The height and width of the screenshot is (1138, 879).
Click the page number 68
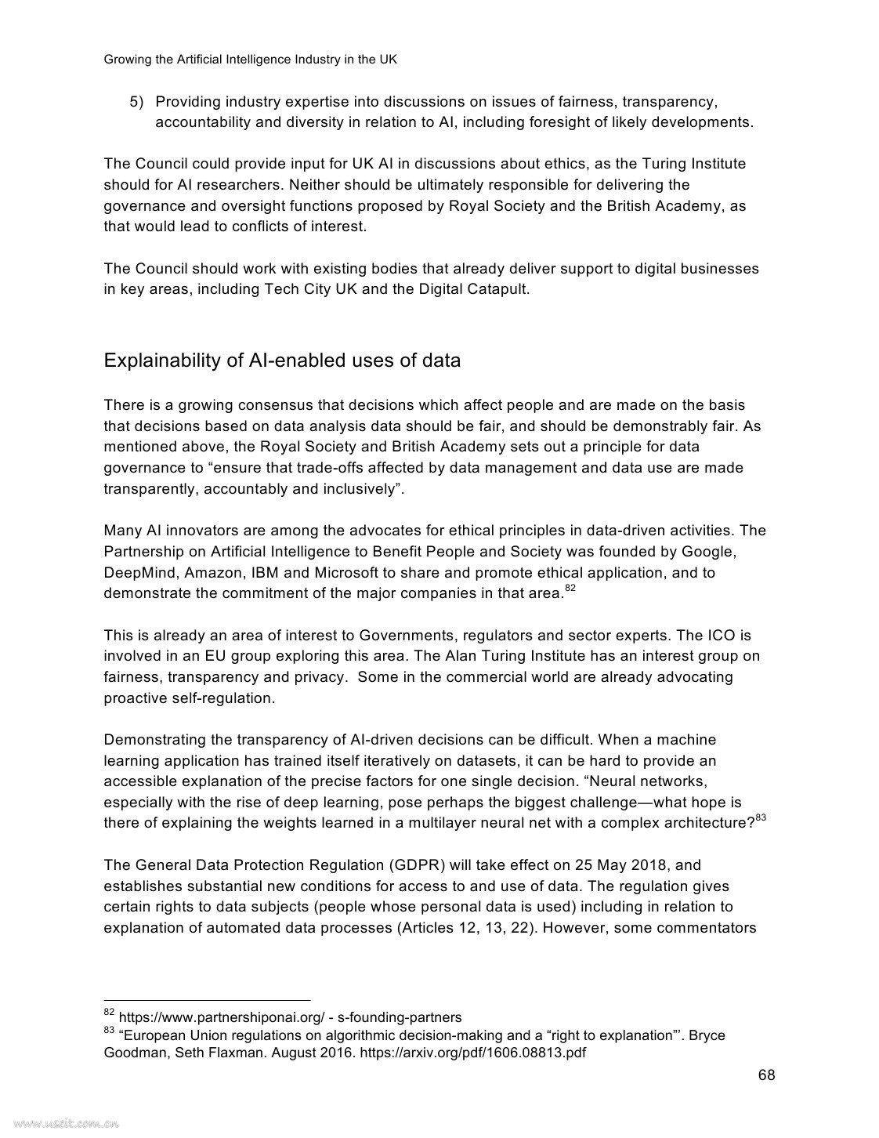click(x=766, y=1075)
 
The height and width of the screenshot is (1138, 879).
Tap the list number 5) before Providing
click(x=137, y=102)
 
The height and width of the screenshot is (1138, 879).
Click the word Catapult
click(x=497, y=289)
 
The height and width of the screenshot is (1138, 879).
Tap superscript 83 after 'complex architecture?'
click(x=760, y=819)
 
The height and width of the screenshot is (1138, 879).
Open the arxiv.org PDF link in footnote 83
click(x=472, y=1053)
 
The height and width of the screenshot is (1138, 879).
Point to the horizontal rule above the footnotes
click(x=207, y=1000)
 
